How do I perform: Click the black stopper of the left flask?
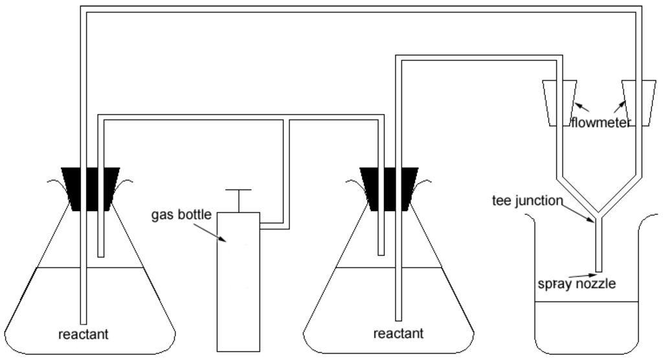tap(90, 188)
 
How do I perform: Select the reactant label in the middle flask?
tap(399, 334)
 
